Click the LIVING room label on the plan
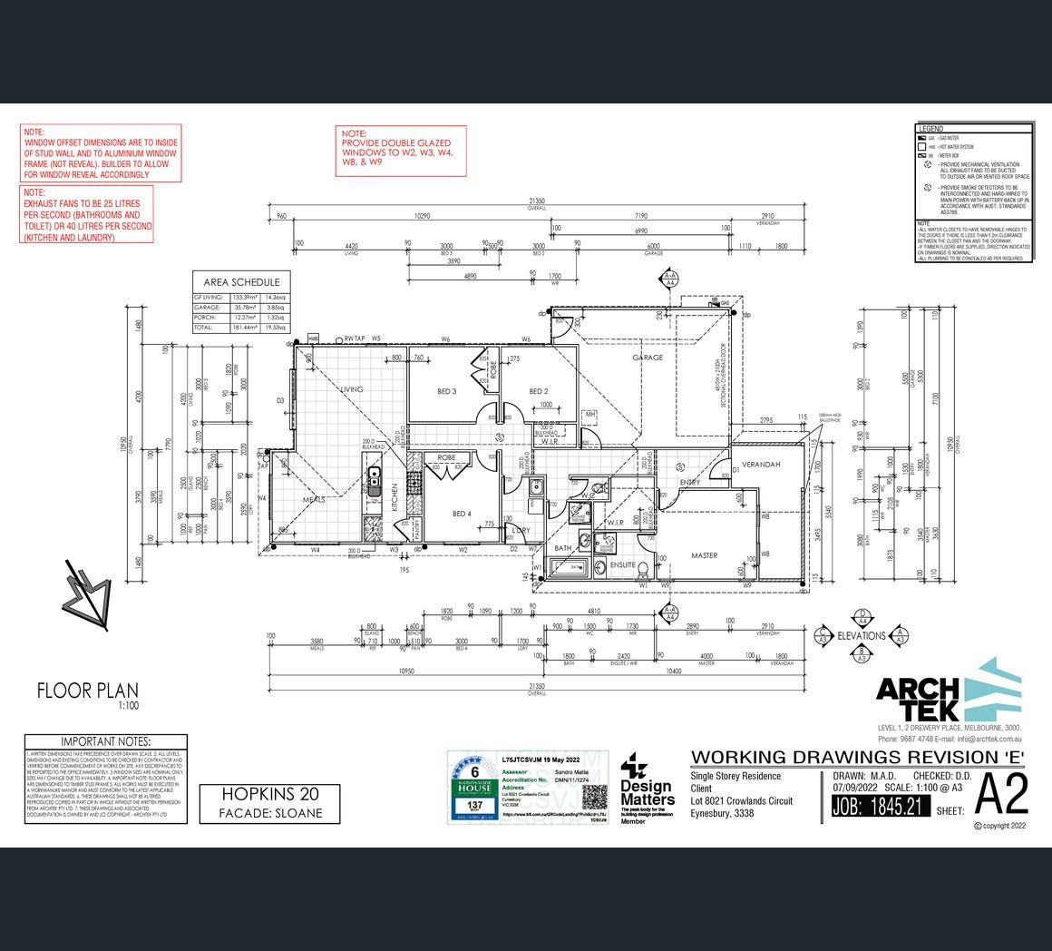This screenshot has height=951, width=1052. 352,389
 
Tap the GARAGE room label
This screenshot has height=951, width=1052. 648,358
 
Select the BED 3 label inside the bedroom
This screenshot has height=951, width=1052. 446,391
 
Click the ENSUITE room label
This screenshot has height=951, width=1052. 622,565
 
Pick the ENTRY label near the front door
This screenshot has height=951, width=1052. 689,482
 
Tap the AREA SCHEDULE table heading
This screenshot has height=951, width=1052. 241,282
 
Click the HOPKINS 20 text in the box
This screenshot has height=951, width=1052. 271,794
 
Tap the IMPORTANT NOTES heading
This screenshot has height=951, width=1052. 105,742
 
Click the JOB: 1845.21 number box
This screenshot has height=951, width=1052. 880,805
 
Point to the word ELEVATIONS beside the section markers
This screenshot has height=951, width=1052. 862,635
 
